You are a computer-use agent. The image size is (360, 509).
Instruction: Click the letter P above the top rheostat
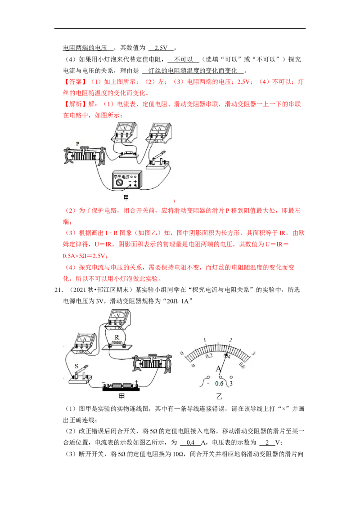tap(78, 143)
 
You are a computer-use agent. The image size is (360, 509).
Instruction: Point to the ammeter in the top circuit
tap(159, 133)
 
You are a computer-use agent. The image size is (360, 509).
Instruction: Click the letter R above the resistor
tap(117, 337)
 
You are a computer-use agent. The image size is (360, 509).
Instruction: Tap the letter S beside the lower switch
tap(76, 366)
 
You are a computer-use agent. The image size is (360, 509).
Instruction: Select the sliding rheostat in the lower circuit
tap(152, 362)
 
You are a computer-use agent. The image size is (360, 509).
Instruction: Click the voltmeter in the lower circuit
tap(119, 319)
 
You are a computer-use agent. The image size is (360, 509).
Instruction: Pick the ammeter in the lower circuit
tap(85, 343)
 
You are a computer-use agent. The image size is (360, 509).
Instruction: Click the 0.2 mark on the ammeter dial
tap(209, 356)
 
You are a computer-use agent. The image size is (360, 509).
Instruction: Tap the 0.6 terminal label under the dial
tap(219, 384)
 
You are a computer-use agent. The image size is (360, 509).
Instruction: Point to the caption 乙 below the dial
tap(219, 396)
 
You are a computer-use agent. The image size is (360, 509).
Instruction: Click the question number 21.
tap(58, 290)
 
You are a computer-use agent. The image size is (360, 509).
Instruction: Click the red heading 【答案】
tap(75, 82)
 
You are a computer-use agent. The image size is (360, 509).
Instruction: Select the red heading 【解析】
tap(75, 104)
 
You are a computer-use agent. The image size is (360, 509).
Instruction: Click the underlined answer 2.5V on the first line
tap(161, 48)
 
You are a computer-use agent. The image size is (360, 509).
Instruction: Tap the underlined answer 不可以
tap(183, 59)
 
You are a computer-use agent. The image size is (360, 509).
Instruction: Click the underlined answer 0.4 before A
tap(190, 442)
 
